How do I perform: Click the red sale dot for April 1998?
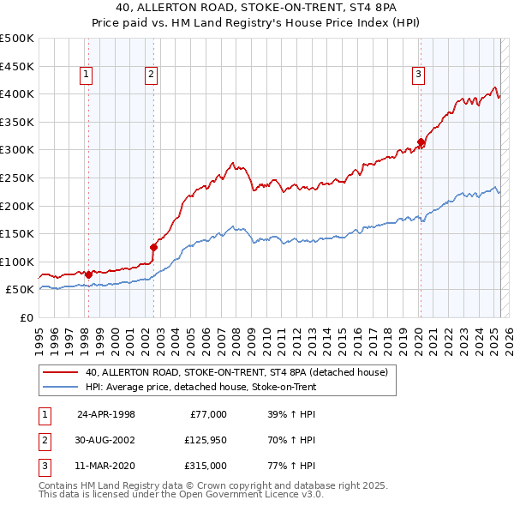tap(88, 274)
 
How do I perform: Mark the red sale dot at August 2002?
tap(154, 247)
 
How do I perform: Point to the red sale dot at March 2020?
tap(421, 142)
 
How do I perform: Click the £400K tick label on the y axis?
tap(17, 93)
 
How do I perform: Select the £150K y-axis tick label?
tap(17, 233)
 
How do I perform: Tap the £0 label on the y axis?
tap(25, 317)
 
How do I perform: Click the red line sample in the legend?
tap(61, 372)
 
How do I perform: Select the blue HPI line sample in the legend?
tap(61, 387)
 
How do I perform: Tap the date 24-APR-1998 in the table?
tap(106, 414)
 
